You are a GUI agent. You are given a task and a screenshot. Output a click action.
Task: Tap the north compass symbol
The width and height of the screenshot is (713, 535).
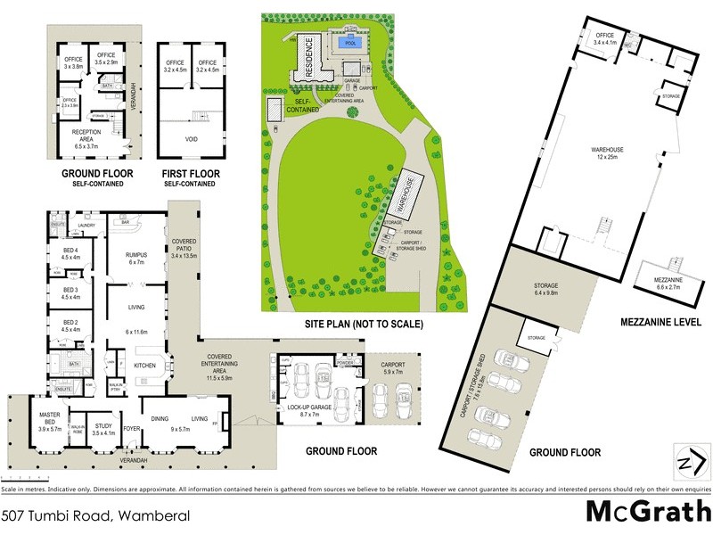685,463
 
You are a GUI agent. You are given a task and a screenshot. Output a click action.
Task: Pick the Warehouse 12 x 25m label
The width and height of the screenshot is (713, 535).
611,153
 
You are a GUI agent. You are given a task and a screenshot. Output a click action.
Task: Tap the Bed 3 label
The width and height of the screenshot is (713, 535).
71,293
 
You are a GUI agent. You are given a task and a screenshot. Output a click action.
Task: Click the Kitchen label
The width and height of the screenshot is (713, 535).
144,366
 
